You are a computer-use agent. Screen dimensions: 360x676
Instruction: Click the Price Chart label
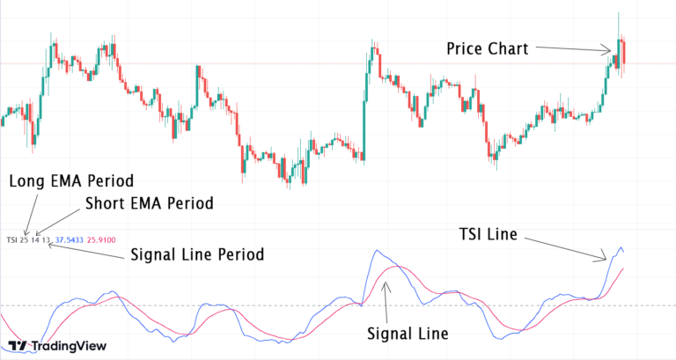tap(487, 49)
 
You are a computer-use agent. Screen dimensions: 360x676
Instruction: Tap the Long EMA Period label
tap(70, 181)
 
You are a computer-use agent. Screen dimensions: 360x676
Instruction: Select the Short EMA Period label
tap(150, 203)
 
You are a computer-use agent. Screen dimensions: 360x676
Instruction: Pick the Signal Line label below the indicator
tap(408, 334)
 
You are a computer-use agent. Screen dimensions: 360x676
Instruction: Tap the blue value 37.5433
tap(70, 239)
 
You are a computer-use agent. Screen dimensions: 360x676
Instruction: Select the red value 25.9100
tap(101, 239)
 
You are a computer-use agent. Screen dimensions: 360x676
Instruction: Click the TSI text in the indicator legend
tap(11, 239)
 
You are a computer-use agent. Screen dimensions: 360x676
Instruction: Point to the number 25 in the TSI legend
tap(24, 239)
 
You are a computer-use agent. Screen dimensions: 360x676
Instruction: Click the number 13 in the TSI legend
tap(46, 239)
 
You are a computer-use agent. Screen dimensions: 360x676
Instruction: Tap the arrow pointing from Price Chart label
tap(573, 49)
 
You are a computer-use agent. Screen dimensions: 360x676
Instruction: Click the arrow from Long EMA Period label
tap(31, 211)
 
